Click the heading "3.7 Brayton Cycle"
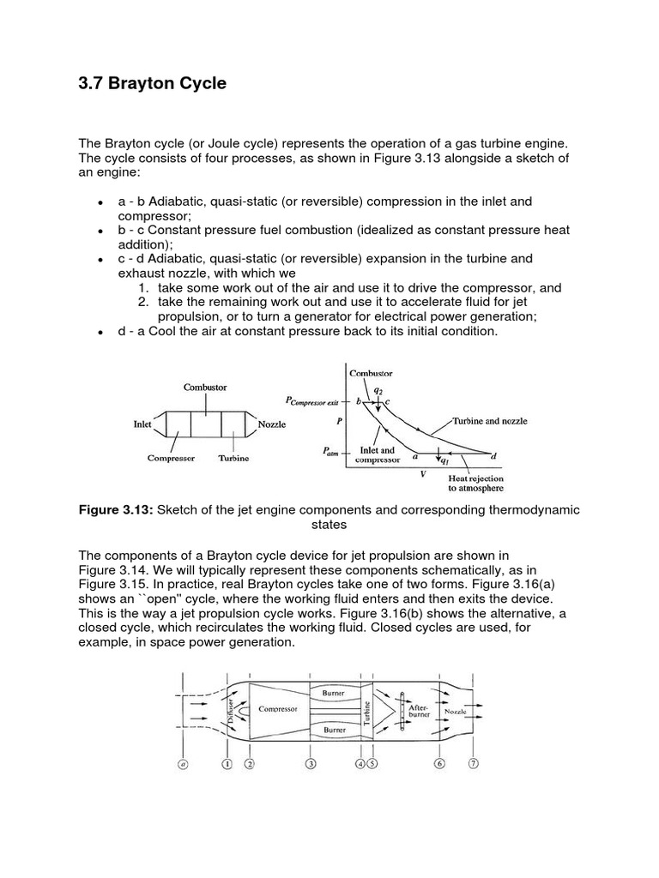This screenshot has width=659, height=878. click(x=153, y=84)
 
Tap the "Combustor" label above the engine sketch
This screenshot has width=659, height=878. click(x=205, y=388)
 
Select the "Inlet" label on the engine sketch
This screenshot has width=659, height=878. click(x=143, y=424)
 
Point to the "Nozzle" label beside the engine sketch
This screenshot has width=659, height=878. click(x=270, y=424)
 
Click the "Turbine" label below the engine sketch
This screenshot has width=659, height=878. click(x=233, y=458)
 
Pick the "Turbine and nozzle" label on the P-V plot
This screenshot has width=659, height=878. click(x=491, y=421)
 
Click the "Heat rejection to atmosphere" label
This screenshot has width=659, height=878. click(x=476, y=483)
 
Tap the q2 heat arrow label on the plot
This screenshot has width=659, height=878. click(x=378, y=389)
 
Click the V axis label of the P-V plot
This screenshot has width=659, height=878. click(x=422, y=473)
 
